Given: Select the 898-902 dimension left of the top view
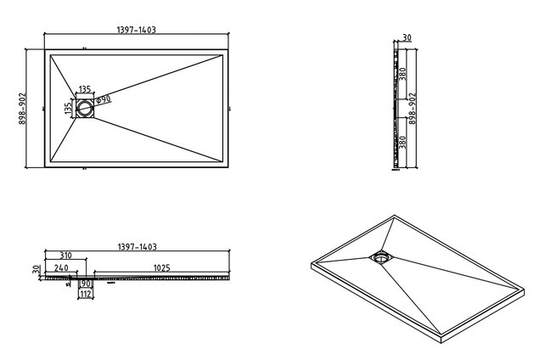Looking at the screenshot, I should [23, 109].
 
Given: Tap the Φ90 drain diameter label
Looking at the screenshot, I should [104, 100].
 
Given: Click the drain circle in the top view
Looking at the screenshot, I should [86, 108].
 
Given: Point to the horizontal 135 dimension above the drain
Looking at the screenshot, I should [86, 88].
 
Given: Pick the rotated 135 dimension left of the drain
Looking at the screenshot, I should [68, 108].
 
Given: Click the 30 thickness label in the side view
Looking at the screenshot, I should [408, 38].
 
